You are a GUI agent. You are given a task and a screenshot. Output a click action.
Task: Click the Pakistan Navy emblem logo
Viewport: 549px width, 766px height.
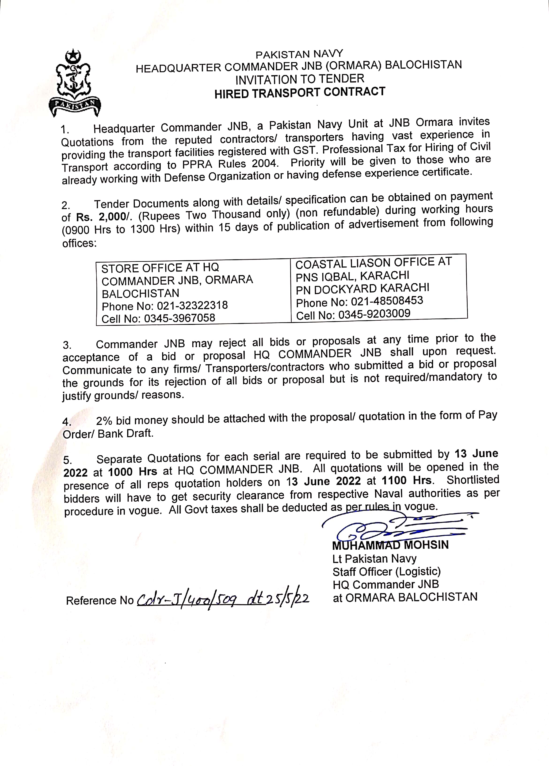pyautogui.click(x=75, y=83)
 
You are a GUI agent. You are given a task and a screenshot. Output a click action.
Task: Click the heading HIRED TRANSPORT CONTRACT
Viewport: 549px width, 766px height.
pyautogui.click(x=300, y=93)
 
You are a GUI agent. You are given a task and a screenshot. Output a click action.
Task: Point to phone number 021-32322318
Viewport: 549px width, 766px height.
pyautogui.click(x=192, y=305)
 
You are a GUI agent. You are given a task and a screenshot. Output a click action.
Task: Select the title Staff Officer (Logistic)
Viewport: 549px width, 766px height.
pyautogui.click(x=386, y=571)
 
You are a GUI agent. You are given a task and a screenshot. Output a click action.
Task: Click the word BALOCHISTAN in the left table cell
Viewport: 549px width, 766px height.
pyautogui.click(x=141, y=293)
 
